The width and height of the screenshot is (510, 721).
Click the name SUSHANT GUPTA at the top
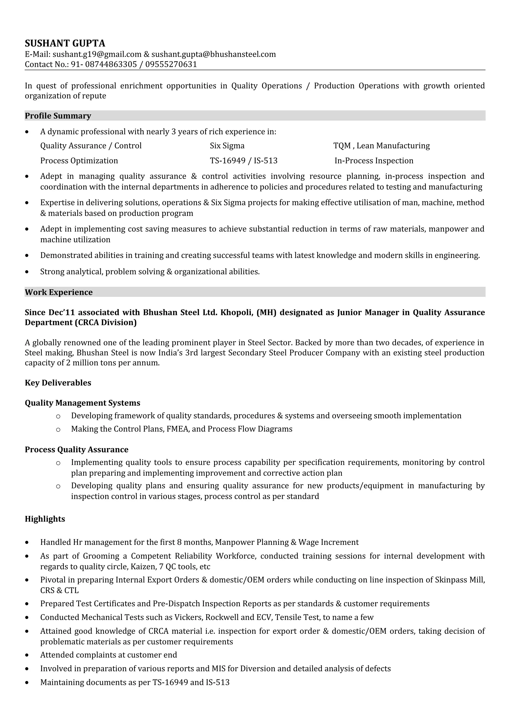pos(65,43)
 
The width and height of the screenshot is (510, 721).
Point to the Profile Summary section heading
pos(58,116)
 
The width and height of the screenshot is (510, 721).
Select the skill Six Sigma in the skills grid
pos(227,146)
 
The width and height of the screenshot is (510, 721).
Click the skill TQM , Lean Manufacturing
pos(381,146)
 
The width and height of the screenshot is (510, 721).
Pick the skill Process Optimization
pos(79,161)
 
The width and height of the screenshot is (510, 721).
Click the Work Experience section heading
pos(59,292)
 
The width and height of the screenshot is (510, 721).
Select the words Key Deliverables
pos(58,383)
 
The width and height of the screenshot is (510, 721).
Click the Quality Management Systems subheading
pos(82,403)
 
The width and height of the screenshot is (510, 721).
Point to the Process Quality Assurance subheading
pos(76,450)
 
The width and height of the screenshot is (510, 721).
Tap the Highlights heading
pos(45,519)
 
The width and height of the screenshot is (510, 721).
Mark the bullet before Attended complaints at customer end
pos(27,655)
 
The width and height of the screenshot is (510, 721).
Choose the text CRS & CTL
pos(59,590)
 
